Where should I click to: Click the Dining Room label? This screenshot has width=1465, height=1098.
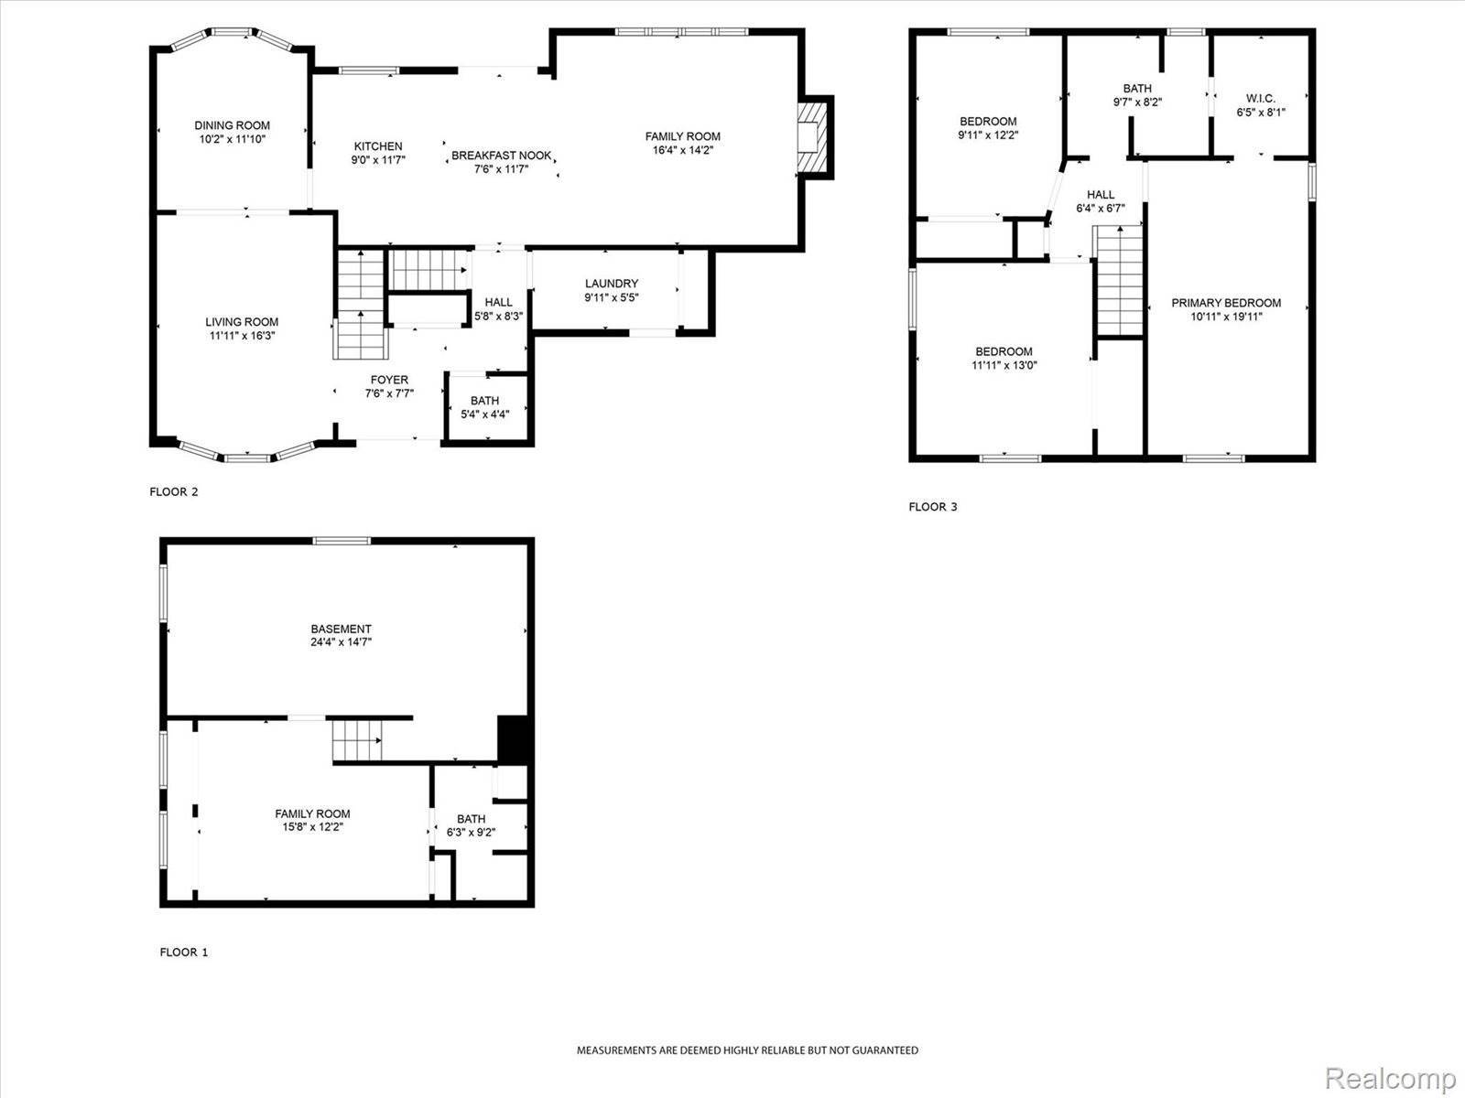(x=232, y=125)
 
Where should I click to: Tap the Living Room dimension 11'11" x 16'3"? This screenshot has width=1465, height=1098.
(x=242, y=336)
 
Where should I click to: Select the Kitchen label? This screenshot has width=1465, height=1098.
(x=378, y=146)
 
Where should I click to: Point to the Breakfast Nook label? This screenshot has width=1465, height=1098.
(x=502, y=156)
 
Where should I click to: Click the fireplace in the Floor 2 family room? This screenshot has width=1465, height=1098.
(x=810, y=135)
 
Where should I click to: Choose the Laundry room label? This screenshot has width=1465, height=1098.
(x=611, y=284)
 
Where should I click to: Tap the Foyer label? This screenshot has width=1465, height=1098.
(x=389, y=380)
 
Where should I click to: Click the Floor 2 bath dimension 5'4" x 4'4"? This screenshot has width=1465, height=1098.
(x=485, y=414)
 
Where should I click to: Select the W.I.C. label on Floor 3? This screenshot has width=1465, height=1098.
(x=1261, y=99)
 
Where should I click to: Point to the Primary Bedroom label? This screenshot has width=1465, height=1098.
(x=1226, y=303)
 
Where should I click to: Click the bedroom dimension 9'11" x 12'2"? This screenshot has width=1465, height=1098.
(x=988, y=135)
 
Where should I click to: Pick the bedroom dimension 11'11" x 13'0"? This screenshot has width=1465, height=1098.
(x=1004, y=365)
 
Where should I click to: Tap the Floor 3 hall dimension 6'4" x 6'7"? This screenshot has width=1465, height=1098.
(x=1101, y=208)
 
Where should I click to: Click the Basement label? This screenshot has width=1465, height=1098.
(x=341, y=629)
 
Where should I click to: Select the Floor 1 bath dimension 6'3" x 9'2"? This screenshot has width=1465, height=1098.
(x=472, y=833)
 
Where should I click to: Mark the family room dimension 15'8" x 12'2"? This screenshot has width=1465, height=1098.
(x=313, y=827)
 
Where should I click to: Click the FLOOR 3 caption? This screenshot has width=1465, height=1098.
(x=932, y=507)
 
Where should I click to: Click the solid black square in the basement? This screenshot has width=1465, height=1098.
(x=514, y=738)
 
